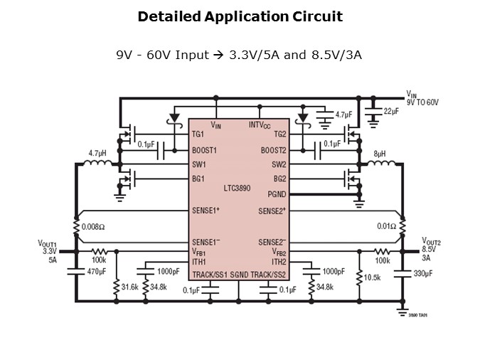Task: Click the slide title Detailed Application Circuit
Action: pyautogui.click(x=240, y=16)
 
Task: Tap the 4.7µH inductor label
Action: pyautogui.click(x=97, y=153)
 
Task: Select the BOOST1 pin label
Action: pyautogui.click(x=204, y=150)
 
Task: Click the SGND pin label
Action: pyautogui.click(x=238, y=274)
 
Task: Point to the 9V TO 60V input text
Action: pyautogui.click(x=423, y=102)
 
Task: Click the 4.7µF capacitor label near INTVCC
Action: pyautogui.click(x=343, y=114)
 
